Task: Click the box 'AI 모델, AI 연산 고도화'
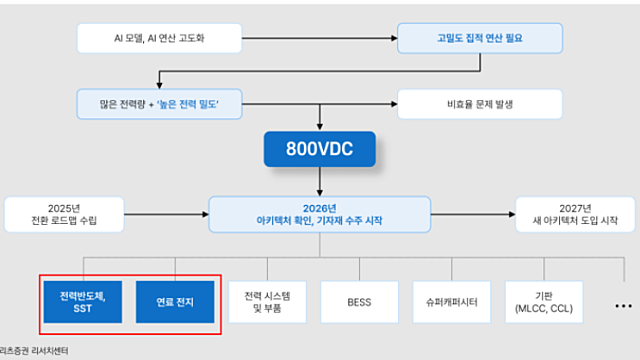coord(160,40)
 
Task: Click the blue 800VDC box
coord(319,150)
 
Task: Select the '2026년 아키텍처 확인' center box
coord(319,213)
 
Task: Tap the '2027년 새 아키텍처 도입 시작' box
coord(574,213)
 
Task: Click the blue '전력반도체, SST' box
coord(84,301)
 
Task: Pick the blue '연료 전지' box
coord(175,301)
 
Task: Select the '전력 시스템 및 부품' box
coord(268,301)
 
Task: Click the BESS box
coord(360,301)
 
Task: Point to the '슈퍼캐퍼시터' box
coord(452,301)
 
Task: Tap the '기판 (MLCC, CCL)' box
coord(543,301)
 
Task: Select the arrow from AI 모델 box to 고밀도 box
coord(320,40)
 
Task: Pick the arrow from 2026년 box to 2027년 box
coord(473,213)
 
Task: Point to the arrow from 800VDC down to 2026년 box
coord(319,182)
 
